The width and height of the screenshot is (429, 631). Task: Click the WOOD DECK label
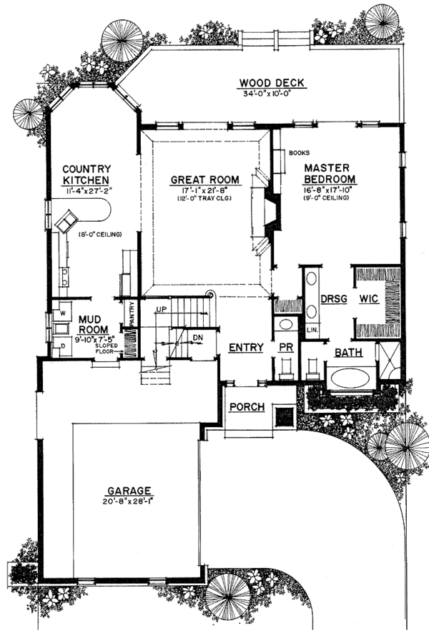(x=272, y=83)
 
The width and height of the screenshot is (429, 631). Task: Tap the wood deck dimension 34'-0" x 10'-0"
(x=272, y=93)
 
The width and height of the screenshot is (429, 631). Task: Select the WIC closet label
(x=368, y=298)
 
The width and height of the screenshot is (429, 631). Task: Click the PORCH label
(x=247, y=407)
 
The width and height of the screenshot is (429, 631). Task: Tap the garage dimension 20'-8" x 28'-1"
(x=129, y=501)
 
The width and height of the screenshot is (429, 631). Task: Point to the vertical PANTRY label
(x=132, y=313)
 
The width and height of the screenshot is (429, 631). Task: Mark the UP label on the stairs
(x=162, y=308)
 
